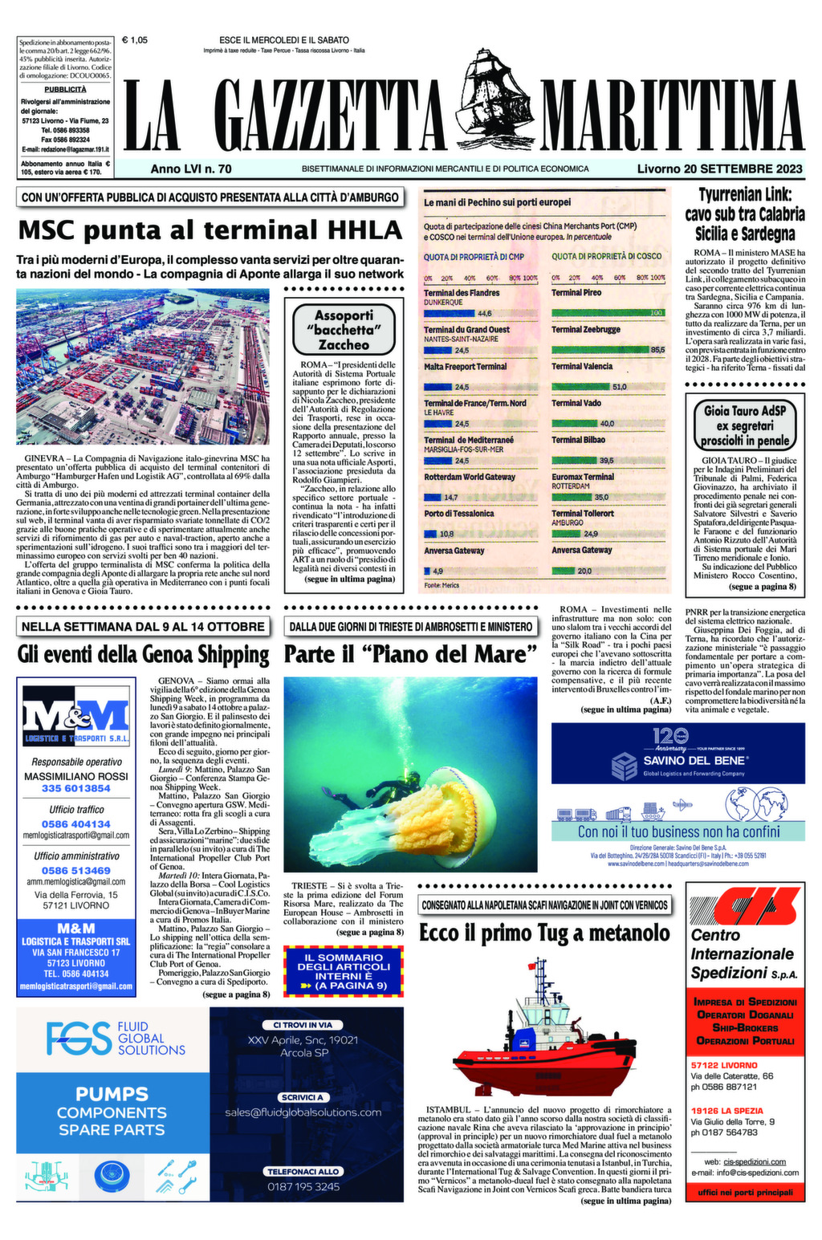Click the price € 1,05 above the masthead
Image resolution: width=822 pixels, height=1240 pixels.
coord(134,39)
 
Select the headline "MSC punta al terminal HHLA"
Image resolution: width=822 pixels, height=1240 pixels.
coord(210,230)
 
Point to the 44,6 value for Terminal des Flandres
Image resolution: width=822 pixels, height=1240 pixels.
coord(484,313)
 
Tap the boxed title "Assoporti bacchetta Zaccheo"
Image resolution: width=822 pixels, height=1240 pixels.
coord(344,330)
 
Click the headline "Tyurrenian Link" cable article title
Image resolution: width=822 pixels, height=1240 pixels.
coord(744,214)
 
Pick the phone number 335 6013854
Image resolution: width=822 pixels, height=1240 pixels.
coord(75,788)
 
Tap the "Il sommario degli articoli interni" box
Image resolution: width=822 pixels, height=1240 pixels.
coord(343,970)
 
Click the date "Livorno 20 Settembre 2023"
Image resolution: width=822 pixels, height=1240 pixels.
coord(719,169)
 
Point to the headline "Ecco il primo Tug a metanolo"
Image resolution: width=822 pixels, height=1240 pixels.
coord(544,933)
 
